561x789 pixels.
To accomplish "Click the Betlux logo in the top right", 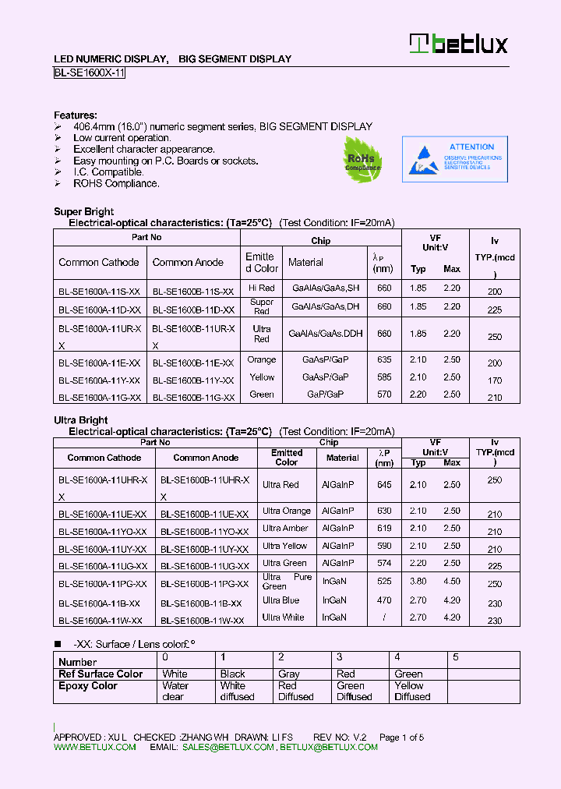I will (460, 44).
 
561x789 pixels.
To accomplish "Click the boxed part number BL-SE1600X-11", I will (89, 73).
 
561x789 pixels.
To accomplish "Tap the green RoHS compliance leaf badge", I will (363, 160).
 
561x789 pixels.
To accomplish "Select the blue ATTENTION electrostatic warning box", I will (454, 159).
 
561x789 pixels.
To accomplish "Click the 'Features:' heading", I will (76, 115).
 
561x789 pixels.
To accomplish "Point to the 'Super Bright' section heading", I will (83, 211).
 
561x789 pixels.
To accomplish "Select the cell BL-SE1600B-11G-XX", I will (193, 397).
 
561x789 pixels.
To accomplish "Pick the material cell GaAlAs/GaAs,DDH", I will (326, 333).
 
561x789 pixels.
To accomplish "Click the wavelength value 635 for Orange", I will (383, 360).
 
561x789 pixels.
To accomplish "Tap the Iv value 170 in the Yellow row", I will (494, 381).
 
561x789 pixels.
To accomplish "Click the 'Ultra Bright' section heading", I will (80, 420).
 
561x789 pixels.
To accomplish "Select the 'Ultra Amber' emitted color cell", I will (285, 529).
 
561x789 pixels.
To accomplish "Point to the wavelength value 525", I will (383, 582).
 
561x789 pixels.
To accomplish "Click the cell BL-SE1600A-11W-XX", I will (100, 621).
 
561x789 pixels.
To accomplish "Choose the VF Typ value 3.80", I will (418, 582).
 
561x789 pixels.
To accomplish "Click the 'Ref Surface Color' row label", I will (101, 674).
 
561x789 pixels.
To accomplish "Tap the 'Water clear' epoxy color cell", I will (175, 691).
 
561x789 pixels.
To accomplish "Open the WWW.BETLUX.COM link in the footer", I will (94, 747).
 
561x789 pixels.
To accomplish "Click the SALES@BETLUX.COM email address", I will (228, 747).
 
